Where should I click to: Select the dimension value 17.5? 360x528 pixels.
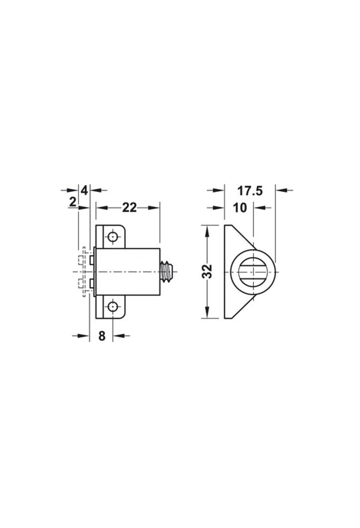[250, 190]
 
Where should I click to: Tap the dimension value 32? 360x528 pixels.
[207, 271]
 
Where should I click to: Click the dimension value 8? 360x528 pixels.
[102, 336]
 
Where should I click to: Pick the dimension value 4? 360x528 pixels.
[84, 190]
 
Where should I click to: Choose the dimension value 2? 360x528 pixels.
[72, 202]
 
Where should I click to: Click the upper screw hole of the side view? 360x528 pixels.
[112, 237]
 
